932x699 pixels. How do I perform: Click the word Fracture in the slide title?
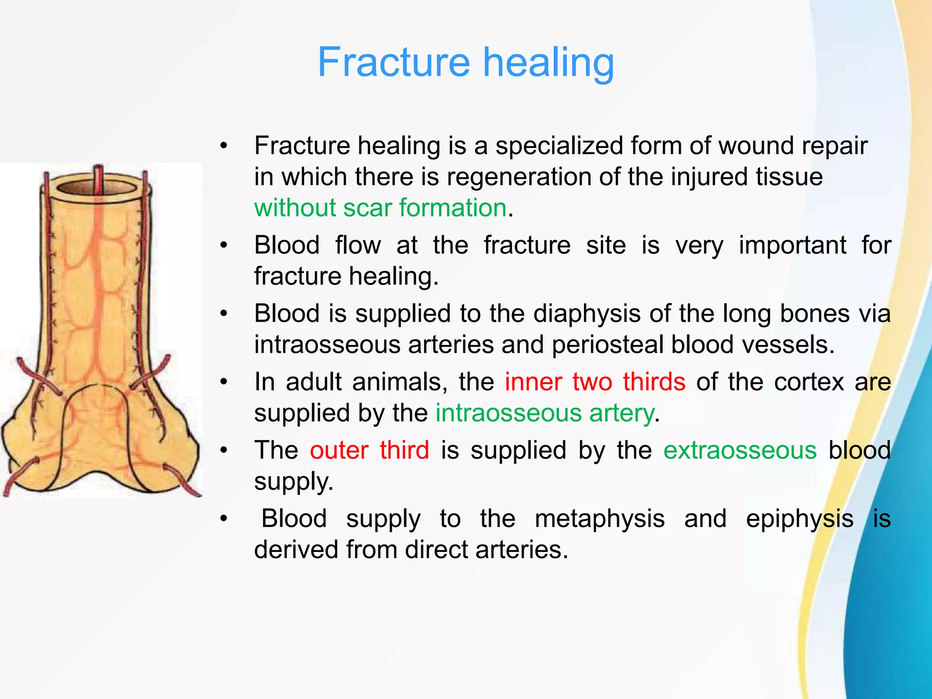tap(394, 62)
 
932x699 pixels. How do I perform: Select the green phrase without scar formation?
tap(380, 208)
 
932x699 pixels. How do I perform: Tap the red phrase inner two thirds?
tap(595, 381)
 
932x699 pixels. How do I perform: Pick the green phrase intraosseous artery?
tap(545, 413)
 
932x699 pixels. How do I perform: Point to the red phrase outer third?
tap(370, 450)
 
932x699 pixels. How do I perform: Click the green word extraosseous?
tap(740, 450)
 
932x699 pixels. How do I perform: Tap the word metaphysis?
tap(599, 519)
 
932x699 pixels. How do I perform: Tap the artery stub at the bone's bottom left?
tap(18, 478)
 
